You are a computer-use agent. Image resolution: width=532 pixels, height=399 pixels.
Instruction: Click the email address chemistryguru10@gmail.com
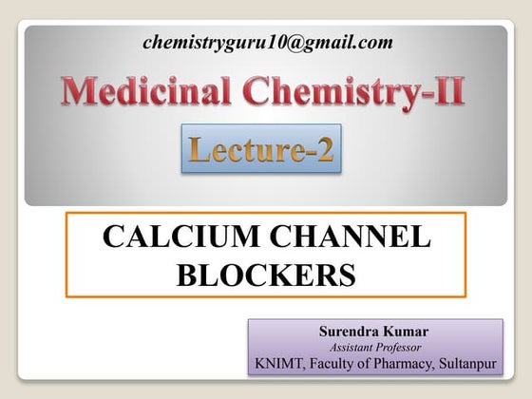[267, 42]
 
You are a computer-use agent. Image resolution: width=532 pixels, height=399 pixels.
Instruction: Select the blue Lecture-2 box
[260, 149]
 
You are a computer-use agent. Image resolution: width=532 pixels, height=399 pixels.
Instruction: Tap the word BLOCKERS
[266, 275]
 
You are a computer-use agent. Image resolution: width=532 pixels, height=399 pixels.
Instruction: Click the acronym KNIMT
[281, 363]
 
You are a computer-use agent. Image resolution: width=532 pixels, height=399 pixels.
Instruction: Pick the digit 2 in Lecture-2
[324, 149]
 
